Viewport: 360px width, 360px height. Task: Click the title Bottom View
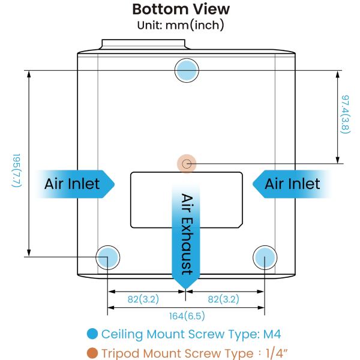pyautogui.click(x=180, y=10)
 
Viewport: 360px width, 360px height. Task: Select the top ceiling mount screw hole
pyautogui.click(x=187, y=70)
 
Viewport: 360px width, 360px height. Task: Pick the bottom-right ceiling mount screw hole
pyautogui.click(x=264, y=257)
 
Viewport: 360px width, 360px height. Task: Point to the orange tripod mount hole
pyautogui.click(x=187, y=163)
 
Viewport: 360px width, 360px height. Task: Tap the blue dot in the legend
pyautogui.click(x=92, y=334)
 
